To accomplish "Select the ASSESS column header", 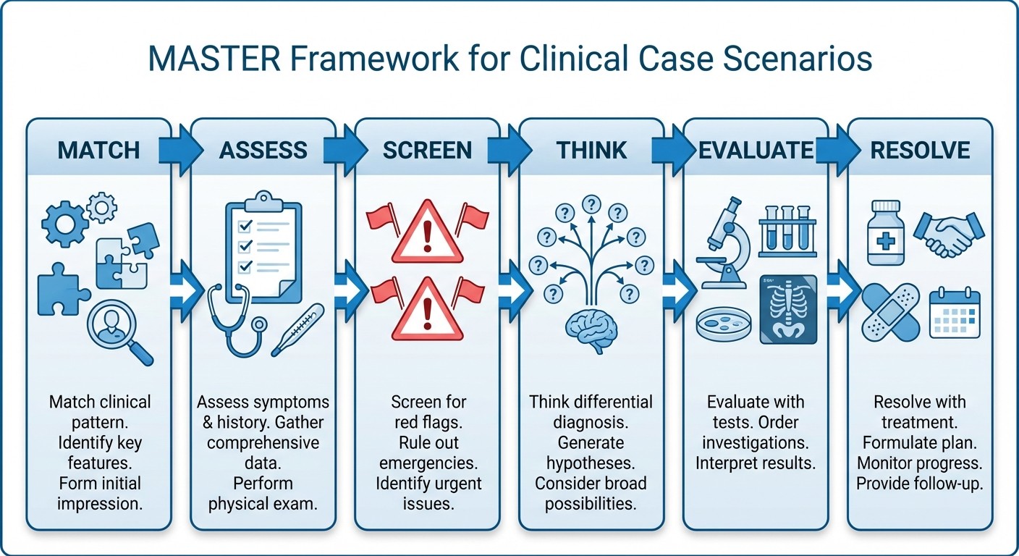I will point(263,150).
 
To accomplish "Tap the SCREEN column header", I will point(427,150).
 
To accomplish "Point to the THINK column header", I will point(591,150).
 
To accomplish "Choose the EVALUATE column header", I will point(756,150).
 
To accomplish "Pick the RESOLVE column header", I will point(920,150).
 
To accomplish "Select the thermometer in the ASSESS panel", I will point(297,329).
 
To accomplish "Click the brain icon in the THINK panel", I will point(591,329).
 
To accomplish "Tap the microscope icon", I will point(721,243).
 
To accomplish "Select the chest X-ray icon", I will point(788,309).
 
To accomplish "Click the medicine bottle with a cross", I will point(887,232).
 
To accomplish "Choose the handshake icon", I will point(949,233).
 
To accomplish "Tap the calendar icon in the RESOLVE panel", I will point(954,312).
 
